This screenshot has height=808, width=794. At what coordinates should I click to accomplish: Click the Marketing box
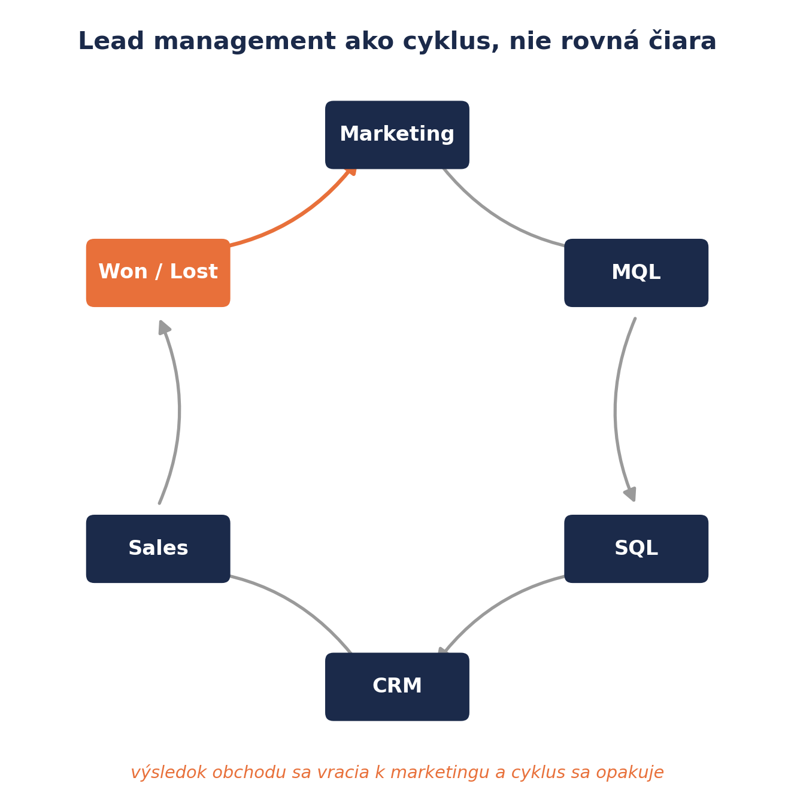(x=397, y=135)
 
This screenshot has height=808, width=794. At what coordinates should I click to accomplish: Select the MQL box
(x=636, y=272)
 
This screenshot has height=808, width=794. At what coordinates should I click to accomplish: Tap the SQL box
(x=636, y=548)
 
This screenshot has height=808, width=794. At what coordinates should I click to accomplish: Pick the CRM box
(x=397, y=687)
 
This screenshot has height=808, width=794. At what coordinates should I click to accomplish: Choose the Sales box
(x=158, y=548)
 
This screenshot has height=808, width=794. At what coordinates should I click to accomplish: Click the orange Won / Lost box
(x=158, y=272)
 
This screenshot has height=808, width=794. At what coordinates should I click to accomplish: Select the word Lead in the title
(x=111, y=41)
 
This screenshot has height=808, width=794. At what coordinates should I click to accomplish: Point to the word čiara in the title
(x=683, y=41)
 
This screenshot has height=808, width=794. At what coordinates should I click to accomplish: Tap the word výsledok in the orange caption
(x=169, y=772)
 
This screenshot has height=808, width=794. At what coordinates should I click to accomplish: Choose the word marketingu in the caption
(x=440, y=773)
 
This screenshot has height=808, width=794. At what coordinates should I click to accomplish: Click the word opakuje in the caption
(x=629, y=773)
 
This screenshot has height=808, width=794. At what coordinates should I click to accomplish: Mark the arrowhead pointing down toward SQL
(x=631, y=494)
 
